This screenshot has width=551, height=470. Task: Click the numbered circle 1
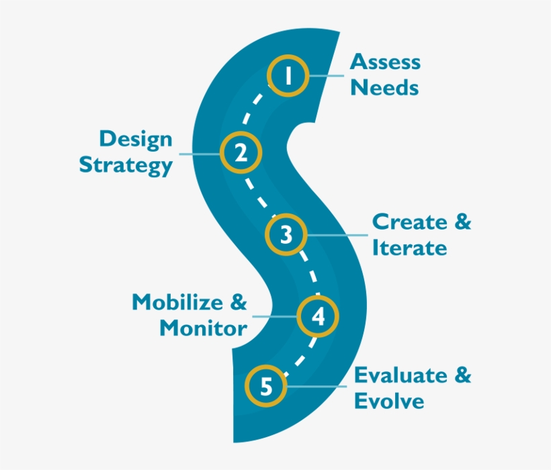click(x=288, y=76)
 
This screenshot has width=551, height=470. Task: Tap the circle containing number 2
click(x=241, y=153)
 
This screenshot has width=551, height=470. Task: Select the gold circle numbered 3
click(x=287, y=235)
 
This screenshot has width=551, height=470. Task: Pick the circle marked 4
click(x=319, y=316)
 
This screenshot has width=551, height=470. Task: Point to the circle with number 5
click(x=267, y=386)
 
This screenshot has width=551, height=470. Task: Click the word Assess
click(x=386, y=62)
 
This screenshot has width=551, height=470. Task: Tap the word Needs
click(x=384, y=88)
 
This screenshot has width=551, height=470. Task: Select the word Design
click(x=136, y=140)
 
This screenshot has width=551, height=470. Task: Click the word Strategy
click(x=126, y=165)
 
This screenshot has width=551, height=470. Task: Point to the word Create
click(x=409, y=222)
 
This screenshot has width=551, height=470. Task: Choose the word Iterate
click(x=409, y=248)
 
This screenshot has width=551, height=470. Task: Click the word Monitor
click(x=203, y=328)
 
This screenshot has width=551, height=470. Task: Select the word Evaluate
click(x=401, y=375)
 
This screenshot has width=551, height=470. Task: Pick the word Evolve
click(x=389, y=402)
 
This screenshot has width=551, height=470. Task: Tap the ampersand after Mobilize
click(x=239, y=302)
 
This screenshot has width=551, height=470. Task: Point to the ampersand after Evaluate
click(x=463, y=375)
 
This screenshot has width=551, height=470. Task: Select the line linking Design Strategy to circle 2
click(x=199, y=154)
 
